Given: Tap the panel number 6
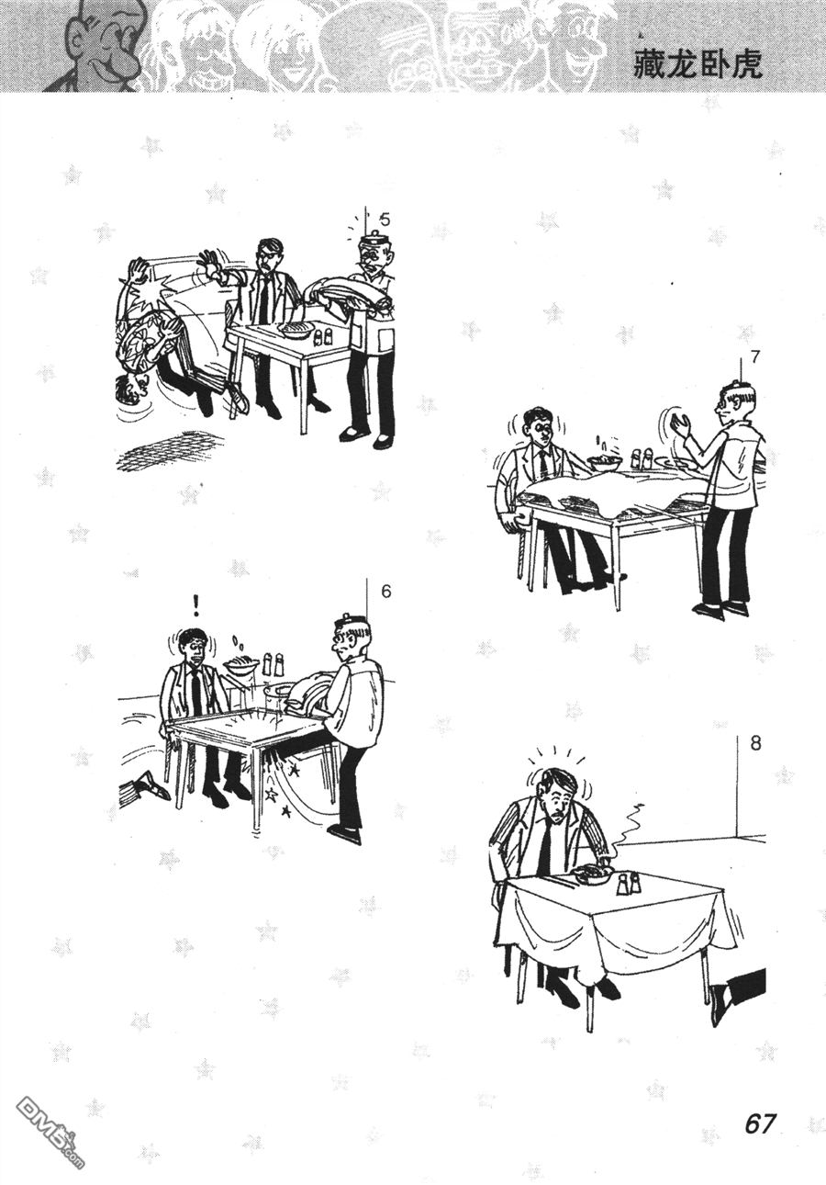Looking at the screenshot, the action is pyautogui.click(x=386, y=592).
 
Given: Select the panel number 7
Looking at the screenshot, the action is pyautogui.click(x=755, y=357).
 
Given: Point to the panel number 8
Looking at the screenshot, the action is pyautogui.click(x=755, y=744).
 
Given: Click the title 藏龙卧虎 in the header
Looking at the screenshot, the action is pyautogui.click(x=698, y=65).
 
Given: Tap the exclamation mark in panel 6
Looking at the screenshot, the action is pyautogui.click(x=196, y=605).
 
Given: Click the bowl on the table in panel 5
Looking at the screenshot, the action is pyautogui.click(x=297, y=331).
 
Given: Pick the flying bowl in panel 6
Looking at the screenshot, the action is pyautogui.click(x=240, y=667).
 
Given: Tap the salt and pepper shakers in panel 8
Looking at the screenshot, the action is pyautogui.click(x=629, y=883).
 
